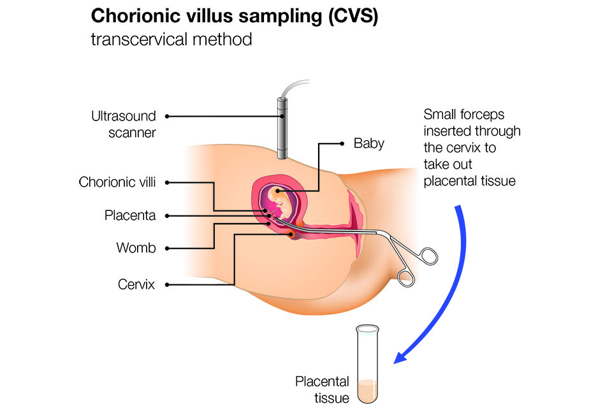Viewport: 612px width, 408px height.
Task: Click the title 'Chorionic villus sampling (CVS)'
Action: click(235, 17)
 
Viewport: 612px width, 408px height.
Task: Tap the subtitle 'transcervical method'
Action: click(171, 40)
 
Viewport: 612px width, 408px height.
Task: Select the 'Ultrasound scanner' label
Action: click(123, 124)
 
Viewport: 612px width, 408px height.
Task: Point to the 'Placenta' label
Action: click(129, 215)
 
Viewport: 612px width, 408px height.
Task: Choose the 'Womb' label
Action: click(135, 248)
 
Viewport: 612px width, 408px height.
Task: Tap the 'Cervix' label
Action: click(136, 284)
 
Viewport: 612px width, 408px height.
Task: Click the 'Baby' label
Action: click(368, 143)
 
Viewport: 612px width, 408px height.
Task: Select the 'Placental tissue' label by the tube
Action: click(322, 390)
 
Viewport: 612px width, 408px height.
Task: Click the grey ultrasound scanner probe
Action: click(282, 127)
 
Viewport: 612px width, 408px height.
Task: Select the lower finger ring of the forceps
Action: click(405, 277)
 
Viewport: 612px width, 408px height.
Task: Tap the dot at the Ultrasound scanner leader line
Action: click(168, 117)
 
